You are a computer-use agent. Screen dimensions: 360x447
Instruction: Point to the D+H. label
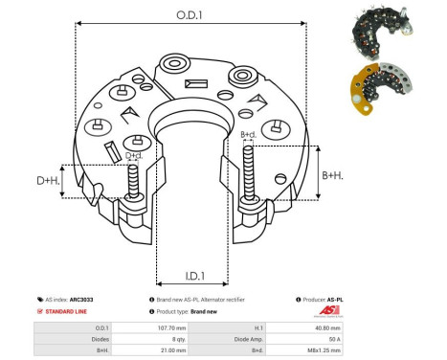point(49,181)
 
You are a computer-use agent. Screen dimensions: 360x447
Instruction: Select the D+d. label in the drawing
point(136,156)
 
